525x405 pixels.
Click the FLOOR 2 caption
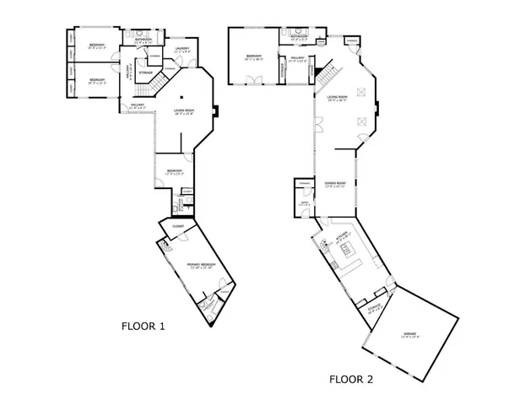(x=351, y=379)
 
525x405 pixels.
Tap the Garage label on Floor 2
(x=410, y=335)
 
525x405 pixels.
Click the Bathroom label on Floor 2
(x=299, y=37)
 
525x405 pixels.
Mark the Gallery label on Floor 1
(x=138, y=105)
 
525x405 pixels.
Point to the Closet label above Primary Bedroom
(x=178, y=226)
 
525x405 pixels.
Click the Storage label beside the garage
(x=374, y=308)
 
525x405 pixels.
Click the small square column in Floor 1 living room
(x=181, y=98)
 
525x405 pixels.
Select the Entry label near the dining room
(x=303, y=203)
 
